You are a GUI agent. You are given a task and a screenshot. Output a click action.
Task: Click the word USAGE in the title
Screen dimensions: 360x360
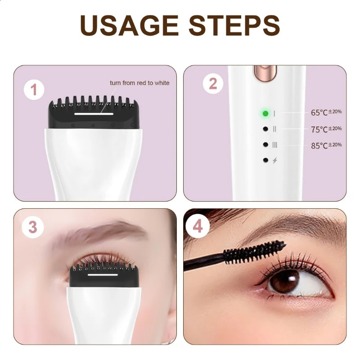pos(129,25)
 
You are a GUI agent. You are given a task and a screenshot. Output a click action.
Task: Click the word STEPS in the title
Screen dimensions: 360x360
pos(234,25)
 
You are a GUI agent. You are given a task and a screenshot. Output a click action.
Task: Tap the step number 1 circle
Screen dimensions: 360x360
pos(34,90)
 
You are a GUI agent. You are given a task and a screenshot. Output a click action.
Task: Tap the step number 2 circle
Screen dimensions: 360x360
pos(213,84)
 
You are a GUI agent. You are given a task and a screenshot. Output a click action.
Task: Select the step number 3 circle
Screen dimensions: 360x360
pos(32,227)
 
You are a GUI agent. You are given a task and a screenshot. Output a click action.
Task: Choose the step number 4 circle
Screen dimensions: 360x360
pos(198,226)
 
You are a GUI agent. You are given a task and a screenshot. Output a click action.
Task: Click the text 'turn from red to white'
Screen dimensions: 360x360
pos(139,83)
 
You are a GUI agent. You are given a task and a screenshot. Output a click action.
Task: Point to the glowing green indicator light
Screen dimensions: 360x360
pos(265,113)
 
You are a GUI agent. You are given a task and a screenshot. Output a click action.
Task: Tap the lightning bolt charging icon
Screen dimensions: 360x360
pos(275,160)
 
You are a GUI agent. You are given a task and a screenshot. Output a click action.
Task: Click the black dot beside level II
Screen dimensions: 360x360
pos(265,129)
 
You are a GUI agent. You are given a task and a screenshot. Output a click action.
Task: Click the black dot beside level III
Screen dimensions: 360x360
pos(265,144)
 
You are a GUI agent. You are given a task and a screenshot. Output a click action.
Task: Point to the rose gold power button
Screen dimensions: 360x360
pos(265,73)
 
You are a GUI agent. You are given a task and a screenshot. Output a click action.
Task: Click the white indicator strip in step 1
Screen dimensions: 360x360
pos(94,114)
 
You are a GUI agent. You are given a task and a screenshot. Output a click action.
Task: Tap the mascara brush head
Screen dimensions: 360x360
pos(254,251)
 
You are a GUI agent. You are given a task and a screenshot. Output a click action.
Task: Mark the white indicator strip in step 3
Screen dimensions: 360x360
pos(103,274)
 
